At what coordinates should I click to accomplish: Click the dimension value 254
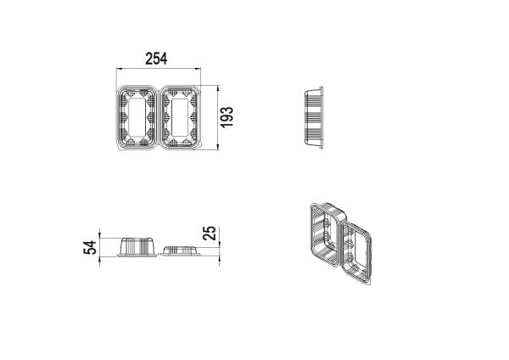156,59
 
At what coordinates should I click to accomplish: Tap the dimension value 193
227,117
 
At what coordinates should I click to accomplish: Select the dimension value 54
90,248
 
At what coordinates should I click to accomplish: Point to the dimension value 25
210,233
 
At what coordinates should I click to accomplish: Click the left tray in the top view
137,117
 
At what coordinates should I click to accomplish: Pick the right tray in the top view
180,117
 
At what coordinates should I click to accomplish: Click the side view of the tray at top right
314,117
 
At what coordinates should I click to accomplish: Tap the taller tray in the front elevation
137,247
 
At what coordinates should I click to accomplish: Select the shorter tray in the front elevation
181,251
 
